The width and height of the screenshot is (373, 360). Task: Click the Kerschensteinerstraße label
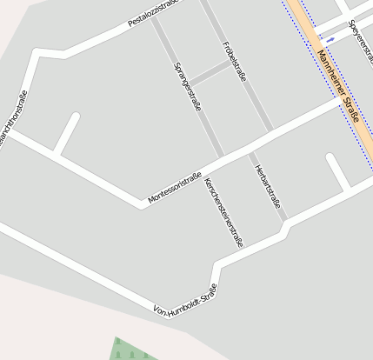pyautogui.click(x=223, y=212)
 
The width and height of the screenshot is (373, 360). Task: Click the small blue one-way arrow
pyautogui.click(x=330, y=38)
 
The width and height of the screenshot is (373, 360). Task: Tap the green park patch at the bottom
pyautogui.click(x=131, y=350)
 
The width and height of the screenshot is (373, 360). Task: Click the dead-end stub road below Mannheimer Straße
pyautogui.click(x=337, y=171)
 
